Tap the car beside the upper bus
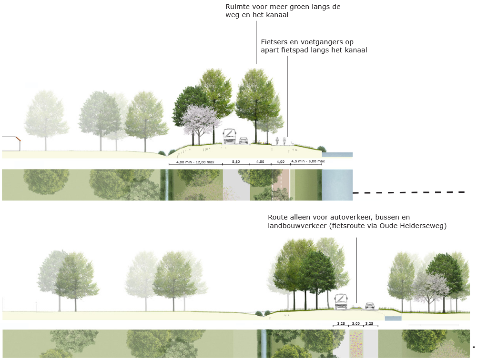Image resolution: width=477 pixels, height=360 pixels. [x=244, y=140]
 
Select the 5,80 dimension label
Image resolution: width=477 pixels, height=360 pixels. [x=236, y=162]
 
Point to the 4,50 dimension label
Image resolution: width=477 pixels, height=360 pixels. [x=260, y=162]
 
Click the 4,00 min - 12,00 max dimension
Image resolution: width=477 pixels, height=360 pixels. [x=195, y=162]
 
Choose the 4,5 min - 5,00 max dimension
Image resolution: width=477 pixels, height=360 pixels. [x=308, y=161]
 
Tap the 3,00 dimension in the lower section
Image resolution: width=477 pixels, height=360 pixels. [x=356, y=323]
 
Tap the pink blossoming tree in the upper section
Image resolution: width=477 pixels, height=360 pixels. [x=201, y=121]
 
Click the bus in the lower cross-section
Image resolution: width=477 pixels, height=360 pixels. [x=341, y=302]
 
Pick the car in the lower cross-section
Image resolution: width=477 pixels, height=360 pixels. [x=369, y=305]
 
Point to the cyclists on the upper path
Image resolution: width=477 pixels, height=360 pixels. [x=281, y=141]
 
